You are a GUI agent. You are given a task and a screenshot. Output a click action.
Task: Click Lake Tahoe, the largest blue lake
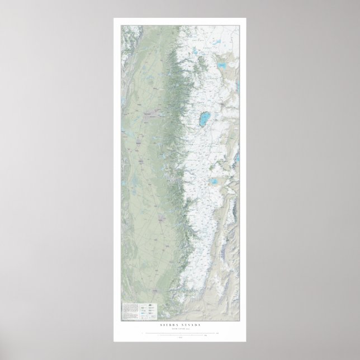click(x=205, y=118)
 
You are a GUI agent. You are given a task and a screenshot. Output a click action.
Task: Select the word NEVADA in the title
click(x=191, y=324)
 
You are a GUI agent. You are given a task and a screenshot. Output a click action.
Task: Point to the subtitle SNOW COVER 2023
click(x=180, y=328)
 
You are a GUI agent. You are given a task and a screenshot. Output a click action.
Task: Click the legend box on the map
click(x=139, y=311)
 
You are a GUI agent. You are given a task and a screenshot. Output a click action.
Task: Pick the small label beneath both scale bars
click(x=180, y=337)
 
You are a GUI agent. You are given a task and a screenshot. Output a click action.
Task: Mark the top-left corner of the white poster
click(x=113, y=18)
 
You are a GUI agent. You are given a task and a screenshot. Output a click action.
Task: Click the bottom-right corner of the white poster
click(x=247, y=342)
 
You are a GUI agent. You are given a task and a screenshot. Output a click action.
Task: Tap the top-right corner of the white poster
click(x=247, y=18)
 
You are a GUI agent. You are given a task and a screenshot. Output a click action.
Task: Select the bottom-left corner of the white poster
click(x=113, y=342)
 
